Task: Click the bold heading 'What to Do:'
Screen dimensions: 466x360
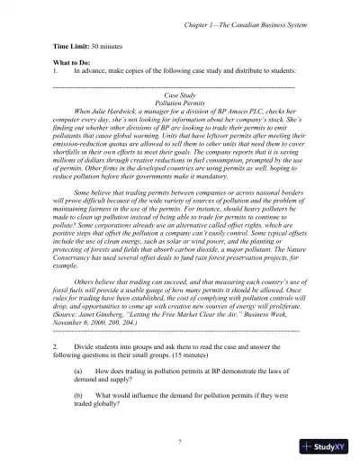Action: click(x=75, y=65)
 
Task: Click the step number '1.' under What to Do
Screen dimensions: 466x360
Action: click(x=57, y=73)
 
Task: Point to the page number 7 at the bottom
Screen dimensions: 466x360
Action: click(x=181, y=442)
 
